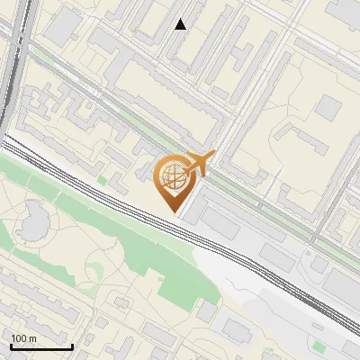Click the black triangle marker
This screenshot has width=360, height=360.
click(181, 24)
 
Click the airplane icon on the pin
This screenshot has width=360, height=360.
click(199, 164)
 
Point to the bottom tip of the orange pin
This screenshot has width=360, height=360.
click(174, 211)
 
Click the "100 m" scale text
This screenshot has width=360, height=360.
click(23, 338)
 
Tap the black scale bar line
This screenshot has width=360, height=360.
click(41, 346)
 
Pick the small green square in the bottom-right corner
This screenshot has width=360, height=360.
click(319, 345)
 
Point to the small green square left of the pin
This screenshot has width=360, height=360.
click(102, 180)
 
